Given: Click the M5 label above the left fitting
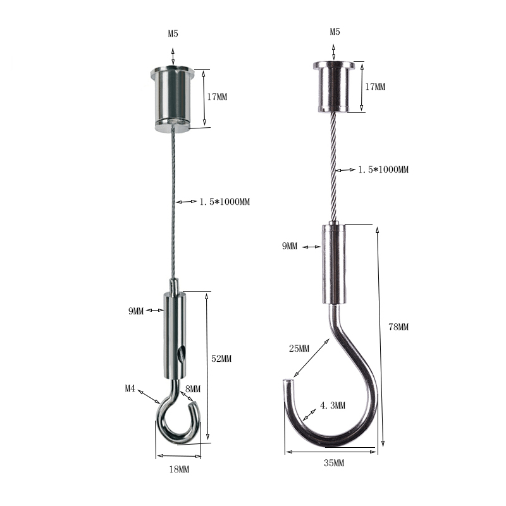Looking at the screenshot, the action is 173,34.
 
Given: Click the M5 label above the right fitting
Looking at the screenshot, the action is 335,32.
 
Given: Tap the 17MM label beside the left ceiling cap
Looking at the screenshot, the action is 217,97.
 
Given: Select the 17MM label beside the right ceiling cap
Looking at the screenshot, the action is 375,87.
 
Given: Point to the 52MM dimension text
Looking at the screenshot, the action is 221,359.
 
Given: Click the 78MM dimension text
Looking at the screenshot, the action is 398,327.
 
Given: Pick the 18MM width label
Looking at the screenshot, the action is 179,469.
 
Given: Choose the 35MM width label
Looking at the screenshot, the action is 334,463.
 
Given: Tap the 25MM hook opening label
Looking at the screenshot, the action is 299,349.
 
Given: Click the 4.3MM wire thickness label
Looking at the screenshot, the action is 333,405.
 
